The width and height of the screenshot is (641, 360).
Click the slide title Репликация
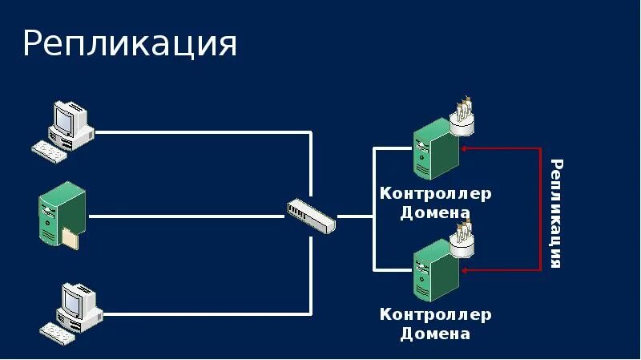(x=130, y=44)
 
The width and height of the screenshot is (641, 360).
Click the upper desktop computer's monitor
(x=71, y=121)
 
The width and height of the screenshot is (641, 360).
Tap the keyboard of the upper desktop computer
(x=50, y=151)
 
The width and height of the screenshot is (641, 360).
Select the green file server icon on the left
(x=60, y=212)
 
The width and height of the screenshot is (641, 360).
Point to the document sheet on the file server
(x=71, y=237)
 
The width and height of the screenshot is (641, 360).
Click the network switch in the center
(x=311, y=214)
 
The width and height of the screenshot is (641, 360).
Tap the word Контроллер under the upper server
(x=435, y=194)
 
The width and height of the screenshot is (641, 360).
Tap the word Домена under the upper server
(x=435, y=213)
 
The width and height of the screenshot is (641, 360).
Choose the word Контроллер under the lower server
(x=435, y=314)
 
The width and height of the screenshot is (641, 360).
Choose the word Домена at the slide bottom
(x=435, y=334)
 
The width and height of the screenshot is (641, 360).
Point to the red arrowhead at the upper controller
(x=466, y=148)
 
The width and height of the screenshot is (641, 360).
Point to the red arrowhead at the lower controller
(x=466, y=269)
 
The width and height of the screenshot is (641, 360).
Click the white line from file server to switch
(x=184, y=216)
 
